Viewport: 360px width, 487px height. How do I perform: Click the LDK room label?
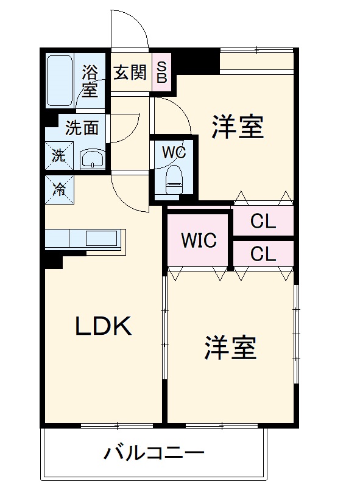pos(103,328)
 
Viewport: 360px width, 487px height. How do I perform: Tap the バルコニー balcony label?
pos(154,454)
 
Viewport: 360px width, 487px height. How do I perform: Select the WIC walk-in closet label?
pos(199,240)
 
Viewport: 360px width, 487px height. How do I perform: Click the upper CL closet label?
pos(263,222)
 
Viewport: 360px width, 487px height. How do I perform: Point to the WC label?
pos(173,151)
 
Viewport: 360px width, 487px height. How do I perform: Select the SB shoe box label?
pos(163,72)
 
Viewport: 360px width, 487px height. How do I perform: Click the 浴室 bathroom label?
pos(90,80)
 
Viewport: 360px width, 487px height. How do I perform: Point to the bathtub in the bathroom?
pos(60,81)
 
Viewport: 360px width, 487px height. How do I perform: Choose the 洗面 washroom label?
pos(82,128)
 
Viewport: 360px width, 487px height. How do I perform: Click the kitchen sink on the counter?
pos(101,238)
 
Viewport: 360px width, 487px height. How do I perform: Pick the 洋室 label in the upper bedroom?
pos(238,128)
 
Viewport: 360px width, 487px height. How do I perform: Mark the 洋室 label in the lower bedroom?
pos(230,348)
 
